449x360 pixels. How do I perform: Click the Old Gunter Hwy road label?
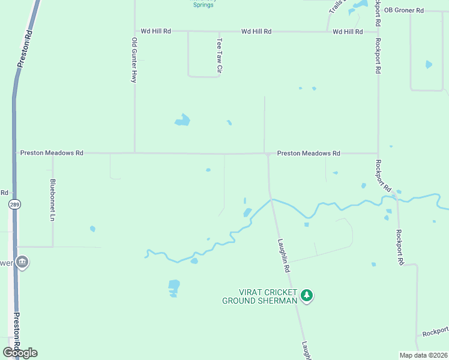134,60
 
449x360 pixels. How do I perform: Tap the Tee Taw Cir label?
219,58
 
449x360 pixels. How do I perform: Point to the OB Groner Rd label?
404,10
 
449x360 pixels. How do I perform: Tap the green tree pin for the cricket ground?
307,295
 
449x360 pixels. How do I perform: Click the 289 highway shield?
14,204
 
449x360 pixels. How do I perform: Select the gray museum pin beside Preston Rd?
22,262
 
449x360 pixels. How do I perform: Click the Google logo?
20,353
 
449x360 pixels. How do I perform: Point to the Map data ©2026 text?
423,355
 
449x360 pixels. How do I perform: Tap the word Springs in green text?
203,5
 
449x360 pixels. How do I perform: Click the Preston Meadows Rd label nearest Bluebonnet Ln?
52,153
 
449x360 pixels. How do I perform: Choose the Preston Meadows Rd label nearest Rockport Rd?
309,154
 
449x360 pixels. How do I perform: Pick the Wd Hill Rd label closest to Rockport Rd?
348,31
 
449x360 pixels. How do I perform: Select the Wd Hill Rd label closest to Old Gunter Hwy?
155,31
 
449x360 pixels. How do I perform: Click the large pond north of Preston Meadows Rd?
182,120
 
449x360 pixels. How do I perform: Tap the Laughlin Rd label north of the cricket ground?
283,254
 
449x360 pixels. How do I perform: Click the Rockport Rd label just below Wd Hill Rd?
378,56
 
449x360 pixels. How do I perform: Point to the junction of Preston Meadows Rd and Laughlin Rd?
267,154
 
